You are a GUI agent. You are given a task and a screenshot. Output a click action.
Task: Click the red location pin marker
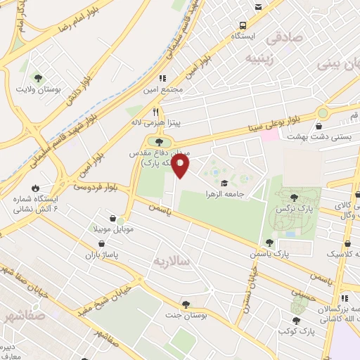coord(181,166)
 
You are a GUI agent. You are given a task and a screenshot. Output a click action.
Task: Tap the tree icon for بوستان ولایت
coord(38,78)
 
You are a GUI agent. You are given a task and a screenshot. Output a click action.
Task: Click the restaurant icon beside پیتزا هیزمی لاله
coord(156,111)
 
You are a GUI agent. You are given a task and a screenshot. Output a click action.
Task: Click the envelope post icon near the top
coord(259,6)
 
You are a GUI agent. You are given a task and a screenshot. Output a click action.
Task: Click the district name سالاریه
coord(172,261)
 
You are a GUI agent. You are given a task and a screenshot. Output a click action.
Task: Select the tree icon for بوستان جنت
coord(185,304)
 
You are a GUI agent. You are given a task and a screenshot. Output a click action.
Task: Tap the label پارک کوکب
coord(295,330)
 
